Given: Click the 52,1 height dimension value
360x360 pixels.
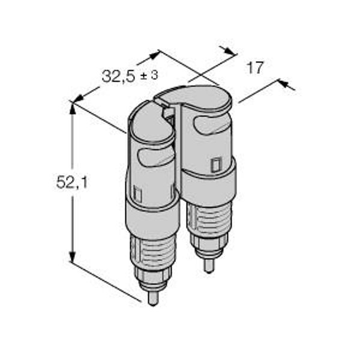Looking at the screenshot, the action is pos(72,182).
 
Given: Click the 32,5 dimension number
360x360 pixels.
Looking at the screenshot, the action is pos(118,76).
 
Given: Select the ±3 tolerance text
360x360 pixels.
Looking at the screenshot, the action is pos(149,75).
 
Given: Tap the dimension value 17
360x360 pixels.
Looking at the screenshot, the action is pos(254,68).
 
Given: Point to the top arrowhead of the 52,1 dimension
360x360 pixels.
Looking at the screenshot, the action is pos(73,109).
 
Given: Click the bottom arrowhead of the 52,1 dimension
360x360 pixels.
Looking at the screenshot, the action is pos(73,256).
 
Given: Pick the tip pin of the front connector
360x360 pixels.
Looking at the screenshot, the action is pos(152,298).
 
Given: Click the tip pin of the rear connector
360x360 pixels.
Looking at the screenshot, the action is pos(208,266).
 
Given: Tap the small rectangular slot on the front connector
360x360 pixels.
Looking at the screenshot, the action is pos(137,194).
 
